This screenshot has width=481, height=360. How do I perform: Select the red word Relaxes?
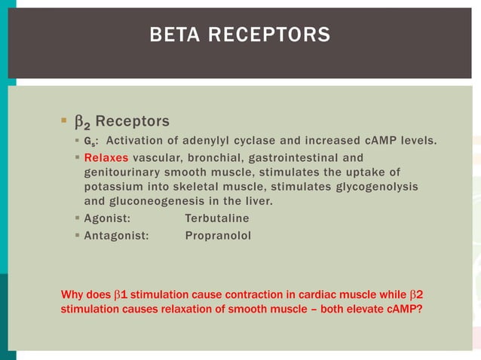click(106, 157)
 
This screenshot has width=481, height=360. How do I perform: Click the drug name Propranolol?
click(218, 236)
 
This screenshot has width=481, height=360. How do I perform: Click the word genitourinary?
click(124, 172)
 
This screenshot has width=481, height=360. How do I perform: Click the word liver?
click(258, 200)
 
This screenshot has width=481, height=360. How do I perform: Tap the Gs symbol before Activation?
click(88, 141)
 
